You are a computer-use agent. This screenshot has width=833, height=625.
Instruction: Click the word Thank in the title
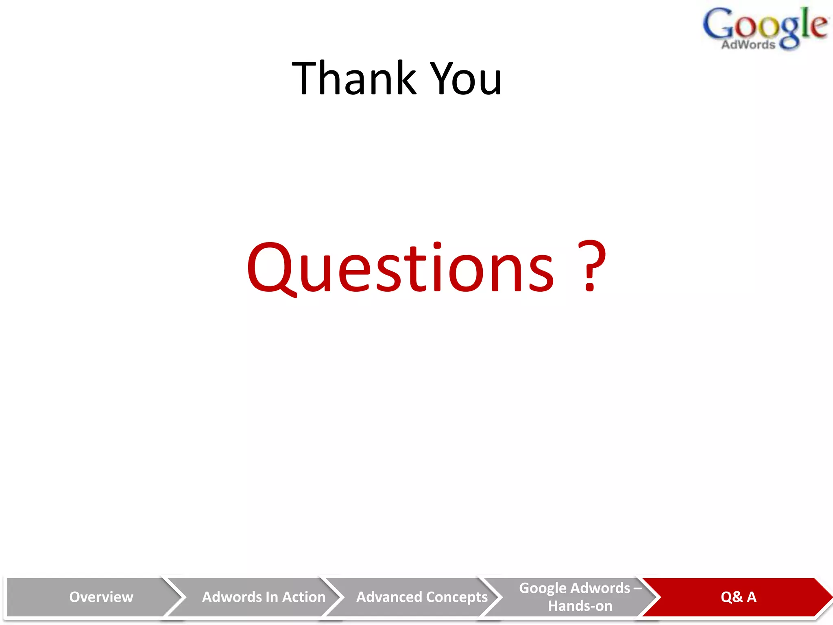(x=354, y=78)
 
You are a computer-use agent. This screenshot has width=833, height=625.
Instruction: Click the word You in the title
(x=466, y=79)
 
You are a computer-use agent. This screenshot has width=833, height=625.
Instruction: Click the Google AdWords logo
(x=765, y=28)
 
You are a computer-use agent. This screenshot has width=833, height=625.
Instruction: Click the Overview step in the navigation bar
(x=101, y=597)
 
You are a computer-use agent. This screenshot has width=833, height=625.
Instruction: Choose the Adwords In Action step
(x=264, y=597)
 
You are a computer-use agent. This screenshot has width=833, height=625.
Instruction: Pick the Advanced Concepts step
(x=422, y=597)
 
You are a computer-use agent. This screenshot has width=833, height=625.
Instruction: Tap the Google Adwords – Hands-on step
(x=580, y=597)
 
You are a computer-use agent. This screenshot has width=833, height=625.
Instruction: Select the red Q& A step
(x=738, y=597)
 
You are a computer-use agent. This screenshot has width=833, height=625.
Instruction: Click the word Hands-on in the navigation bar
(x=580, y=606)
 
